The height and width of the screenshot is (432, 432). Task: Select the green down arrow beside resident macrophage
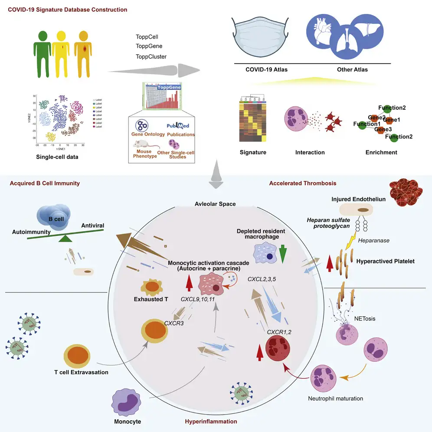[x=282, y=254]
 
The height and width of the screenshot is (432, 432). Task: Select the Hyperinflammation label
[x=211, y=421]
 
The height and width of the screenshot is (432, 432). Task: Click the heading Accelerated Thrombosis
[x=303, y=183]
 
